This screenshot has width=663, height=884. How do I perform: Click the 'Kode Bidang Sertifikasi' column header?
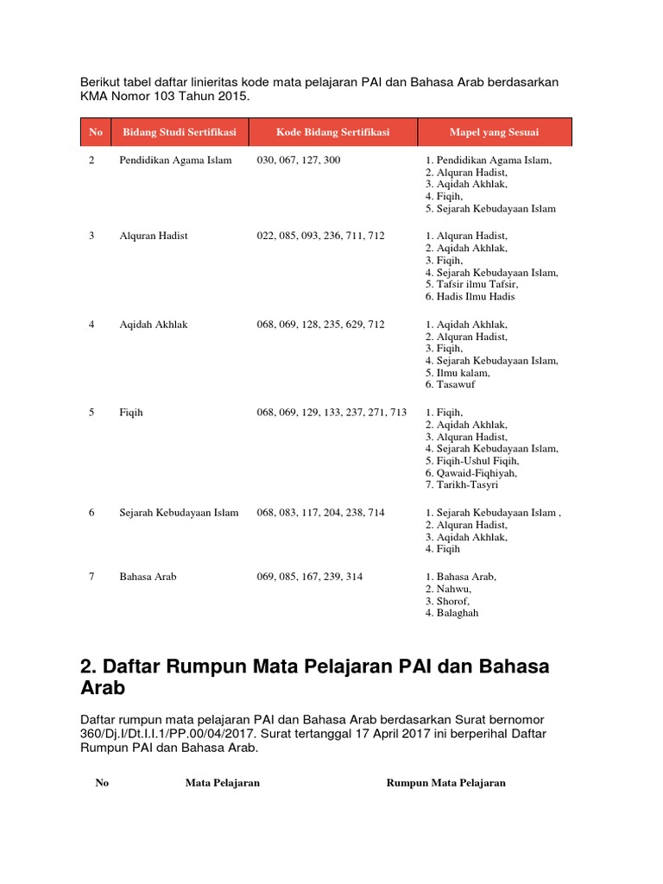[332, 132]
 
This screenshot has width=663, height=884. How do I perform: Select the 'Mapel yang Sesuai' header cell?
[494, 132]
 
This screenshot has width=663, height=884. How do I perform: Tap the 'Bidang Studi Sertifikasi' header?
[179, 132]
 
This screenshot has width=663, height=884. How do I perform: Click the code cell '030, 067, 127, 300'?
[298, 161]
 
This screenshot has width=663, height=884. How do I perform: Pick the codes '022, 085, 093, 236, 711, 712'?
[320, 236]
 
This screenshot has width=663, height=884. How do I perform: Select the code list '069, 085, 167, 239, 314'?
[309, 577]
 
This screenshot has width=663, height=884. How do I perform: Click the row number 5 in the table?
[92, 413]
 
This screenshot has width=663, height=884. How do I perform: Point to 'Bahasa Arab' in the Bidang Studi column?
[148, 577]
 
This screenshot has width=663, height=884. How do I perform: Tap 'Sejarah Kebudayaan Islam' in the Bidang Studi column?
[179, 513]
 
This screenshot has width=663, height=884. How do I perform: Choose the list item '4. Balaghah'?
[451, 613]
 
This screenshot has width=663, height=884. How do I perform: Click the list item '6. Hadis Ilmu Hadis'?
[470, 297]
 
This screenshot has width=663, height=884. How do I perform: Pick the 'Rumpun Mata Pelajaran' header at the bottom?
[445, 783]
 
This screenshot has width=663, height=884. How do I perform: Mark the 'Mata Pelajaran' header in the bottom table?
[223, 783]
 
